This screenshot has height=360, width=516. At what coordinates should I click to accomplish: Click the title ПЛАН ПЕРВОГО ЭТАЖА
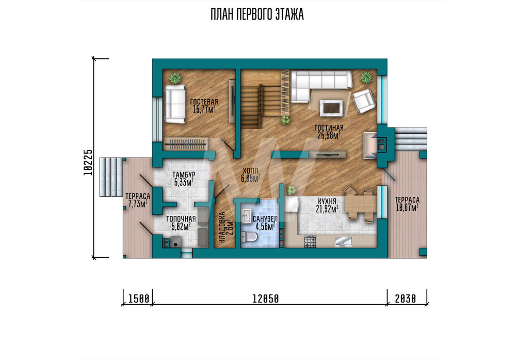click(x=257, y=15)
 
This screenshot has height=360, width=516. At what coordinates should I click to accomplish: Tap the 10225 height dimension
click(x=88, y=162)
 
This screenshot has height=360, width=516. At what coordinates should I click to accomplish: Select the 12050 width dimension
click(x=266, y=299)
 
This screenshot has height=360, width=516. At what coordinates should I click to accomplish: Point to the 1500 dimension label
click(x=138, y=299)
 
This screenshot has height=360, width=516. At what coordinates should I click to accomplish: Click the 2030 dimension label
click(x=406, y=299)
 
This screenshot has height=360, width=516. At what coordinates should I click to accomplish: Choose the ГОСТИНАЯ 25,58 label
click(x=329, y=132)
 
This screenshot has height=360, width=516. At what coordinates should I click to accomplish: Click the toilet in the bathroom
click(x=249, y=237)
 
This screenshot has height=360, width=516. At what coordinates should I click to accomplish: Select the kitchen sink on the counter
click(x=343, y=242)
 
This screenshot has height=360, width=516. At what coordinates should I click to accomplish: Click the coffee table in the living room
click(x=331, y=108)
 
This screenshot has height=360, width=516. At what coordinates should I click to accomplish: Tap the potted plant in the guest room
click(x=175, y=78)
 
